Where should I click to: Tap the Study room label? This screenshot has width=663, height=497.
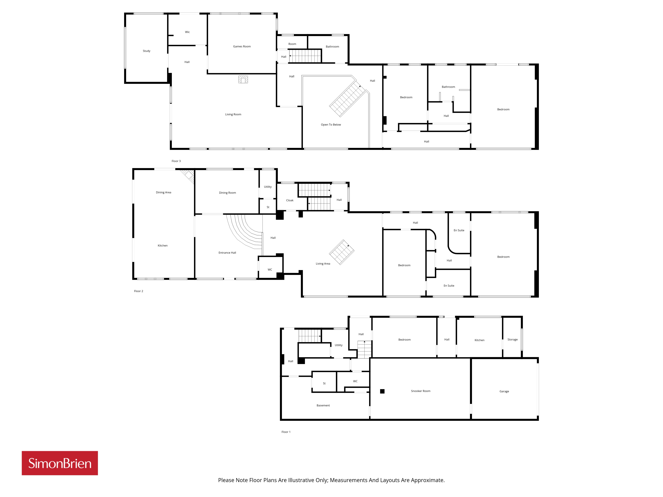147,51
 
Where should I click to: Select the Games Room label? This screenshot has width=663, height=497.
242,46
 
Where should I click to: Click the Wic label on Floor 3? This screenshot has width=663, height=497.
187,32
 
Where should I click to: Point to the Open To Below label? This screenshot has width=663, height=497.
331,125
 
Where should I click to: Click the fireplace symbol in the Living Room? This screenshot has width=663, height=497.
243,79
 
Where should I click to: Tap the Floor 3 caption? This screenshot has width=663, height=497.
176,161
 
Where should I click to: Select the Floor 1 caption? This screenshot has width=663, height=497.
286,432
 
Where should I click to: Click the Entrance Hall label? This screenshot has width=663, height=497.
227,253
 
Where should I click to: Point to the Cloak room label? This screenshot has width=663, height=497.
290,200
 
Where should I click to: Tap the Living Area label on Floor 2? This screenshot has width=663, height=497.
323,264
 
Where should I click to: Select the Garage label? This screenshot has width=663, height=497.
504,391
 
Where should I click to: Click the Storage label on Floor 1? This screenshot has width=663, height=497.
512,339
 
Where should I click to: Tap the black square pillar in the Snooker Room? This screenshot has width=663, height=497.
382,391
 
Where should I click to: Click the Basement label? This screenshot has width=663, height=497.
323,405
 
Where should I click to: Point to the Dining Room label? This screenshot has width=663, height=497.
228,193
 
